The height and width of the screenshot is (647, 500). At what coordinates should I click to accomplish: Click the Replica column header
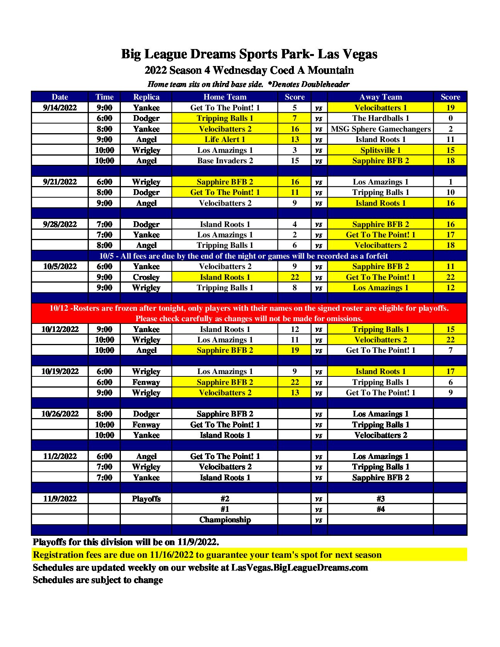pyautogui.click(x=146, y=97)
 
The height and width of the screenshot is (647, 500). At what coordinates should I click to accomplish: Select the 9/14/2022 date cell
pyautogui.click(x=60, y=108)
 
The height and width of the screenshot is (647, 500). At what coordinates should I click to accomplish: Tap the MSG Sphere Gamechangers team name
pyautogui.click(x=381, y=129)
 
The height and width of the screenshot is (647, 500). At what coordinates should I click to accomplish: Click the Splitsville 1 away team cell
pyautogui.click(x=381, y=150)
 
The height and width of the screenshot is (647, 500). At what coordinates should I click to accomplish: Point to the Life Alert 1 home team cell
pyautogui.click(x=225, y=139)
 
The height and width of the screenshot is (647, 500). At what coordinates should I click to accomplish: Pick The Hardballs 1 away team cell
pyautogui.click(x=381, y=118)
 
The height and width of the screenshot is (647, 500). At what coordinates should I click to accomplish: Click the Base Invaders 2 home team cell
pyautogui.click(x=225, y=161)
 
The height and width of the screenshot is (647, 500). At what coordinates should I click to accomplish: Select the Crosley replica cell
pyautogui.click(x=146, y=277)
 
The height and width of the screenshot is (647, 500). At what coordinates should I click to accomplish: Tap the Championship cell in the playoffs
pyautogui.click(x=225, y=520)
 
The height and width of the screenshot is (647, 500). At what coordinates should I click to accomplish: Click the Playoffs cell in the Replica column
pyautogui.click(x=146, y=498)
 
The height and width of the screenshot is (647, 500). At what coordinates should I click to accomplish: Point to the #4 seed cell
pyautogui.click(x=381, y=509)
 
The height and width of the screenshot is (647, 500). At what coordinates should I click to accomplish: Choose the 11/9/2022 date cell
pyautogui.click(x=60, y=498)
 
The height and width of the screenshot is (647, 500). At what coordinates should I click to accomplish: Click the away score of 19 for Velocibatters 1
pyautogui.click(x=450, y=108)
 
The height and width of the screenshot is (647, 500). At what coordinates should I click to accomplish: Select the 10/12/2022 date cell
pyautogui.click(x=60, y=329)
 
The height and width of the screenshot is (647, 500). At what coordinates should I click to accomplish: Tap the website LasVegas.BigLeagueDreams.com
pyautogui.click(x=299, y=567)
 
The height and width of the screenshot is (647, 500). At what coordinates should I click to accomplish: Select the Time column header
pyautogui.click(x=104, y=97)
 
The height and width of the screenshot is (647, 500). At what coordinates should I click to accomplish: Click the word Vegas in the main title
pyautogui.click(x=359, y=54)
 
